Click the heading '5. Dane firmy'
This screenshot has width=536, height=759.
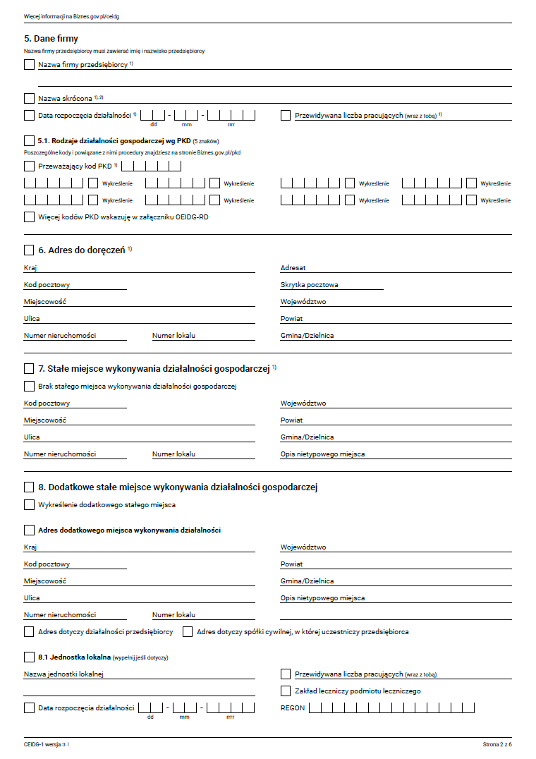pos(51,39)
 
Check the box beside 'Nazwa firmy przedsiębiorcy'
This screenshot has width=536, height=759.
pos(29,65)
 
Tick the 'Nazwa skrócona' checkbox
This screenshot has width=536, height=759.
pos(29,99)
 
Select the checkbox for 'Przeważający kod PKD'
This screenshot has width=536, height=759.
pos(29,166)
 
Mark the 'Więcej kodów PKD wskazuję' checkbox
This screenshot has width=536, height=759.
pos(29,217)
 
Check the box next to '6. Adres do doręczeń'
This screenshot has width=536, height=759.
pos(29,250)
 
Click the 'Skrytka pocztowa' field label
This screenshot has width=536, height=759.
pos(309,285)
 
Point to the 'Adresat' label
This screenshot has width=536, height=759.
pos(293,268)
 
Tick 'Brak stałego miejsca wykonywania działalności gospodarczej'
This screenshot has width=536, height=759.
pos(29,387)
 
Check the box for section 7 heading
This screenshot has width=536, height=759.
pos(29,368)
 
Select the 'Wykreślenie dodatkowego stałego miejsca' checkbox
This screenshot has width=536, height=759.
pos(29,505)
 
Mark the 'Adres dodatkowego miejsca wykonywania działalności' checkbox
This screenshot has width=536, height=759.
pos(29,530)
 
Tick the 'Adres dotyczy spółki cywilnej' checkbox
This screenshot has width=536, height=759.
pos(188,632)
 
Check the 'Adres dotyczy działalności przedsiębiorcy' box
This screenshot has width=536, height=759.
pos(29,632)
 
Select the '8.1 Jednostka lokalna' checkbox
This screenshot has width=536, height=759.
pos(29,657)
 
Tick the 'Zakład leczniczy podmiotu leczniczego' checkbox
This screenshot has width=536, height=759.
pos(286,691)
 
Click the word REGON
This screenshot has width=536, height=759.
pos(293,708)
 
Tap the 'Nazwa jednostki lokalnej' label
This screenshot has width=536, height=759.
pos(63,674)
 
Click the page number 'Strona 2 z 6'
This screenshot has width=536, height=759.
pos(497,745)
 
